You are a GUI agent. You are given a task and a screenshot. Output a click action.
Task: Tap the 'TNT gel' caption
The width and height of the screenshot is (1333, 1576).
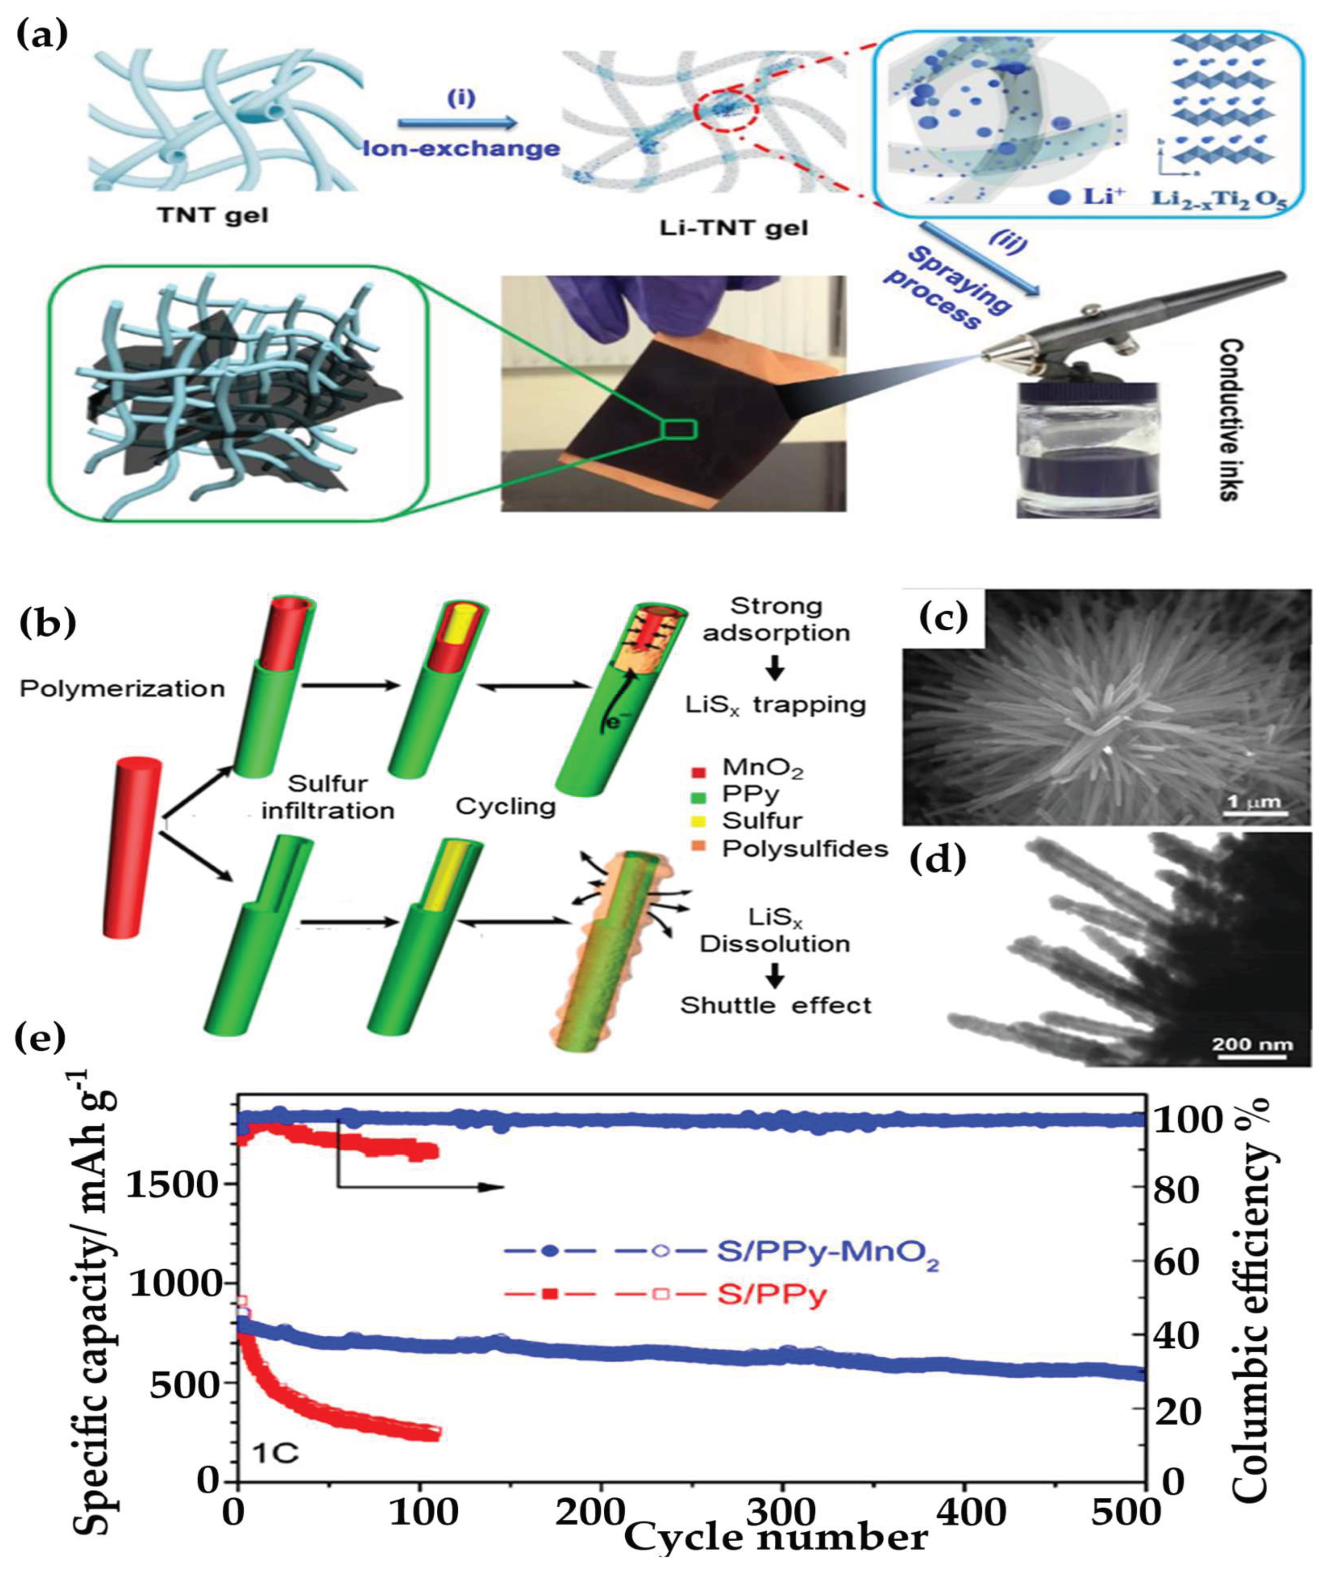click(x=214, y=215)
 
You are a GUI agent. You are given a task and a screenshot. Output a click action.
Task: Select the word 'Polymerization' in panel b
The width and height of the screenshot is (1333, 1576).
click(x=122, y=688)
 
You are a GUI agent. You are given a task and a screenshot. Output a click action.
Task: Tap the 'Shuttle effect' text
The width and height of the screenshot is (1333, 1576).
click(x=776, y=1005)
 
